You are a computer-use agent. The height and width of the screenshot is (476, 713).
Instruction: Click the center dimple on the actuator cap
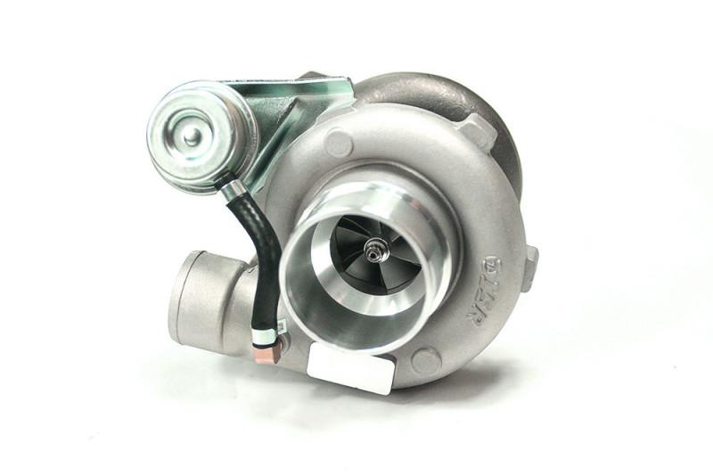pos(192,135)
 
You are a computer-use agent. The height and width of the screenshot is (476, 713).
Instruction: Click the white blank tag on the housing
pos(350,368)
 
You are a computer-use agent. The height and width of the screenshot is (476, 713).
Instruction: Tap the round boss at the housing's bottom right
pos(426,360)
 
